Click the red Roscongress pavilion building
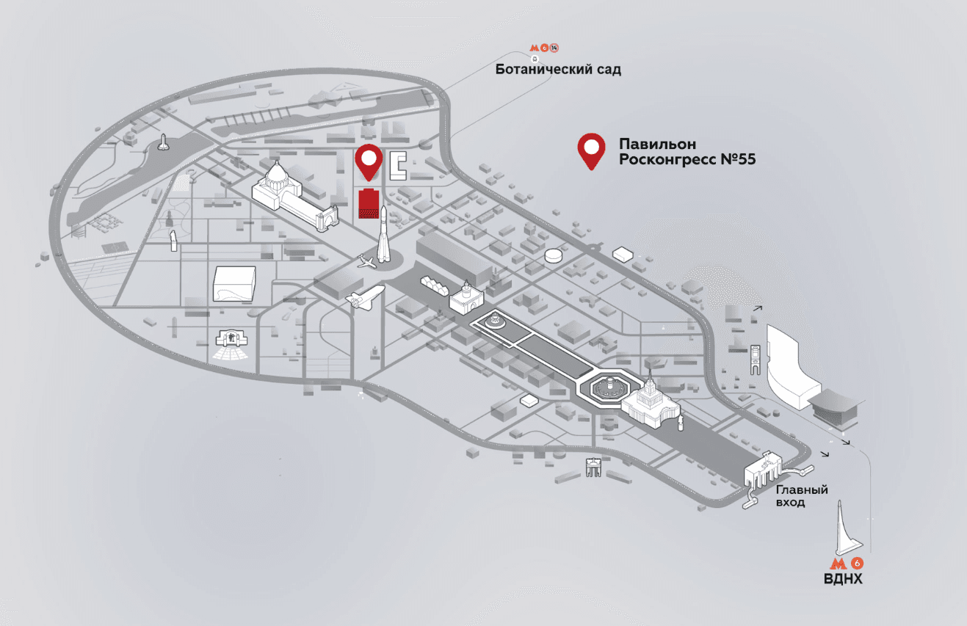369,203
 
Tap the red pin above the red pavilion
369,161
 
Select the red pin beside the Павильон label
591,150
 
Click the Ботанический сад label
558,69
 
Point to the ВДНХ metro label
843,578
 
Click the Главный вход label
802,495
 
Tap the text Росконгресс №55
687,159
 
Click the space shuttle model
365,296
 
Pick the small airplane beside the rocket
366,261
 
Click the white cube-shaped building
234,283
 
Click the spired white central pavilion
650,401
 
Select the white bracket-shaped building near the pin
398,166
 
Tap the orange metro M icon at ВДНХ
838,563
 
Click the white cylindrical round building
554,256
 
